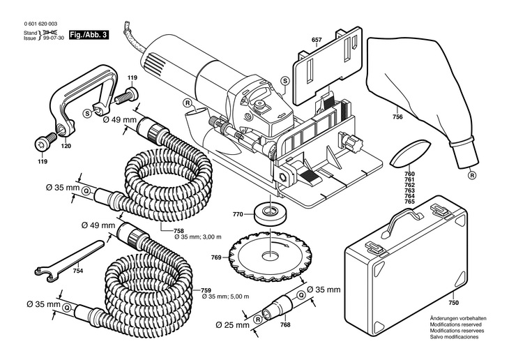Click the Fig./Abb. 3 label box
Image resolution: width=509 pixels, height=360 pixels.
click(x=89, y=35)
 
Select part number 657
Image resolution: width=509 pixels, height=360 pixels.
click(x=317, y=40)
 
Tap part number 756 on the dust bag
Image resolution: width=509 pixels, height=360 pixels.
click(x=397, y=117)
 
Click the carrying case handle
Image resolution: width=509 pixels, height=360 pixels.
click(x=402, y=220)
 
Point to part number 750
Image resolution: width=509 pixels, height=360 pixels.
click(x=454, y=303)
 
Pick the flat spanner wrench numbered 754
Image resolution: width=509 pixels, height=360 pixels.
click(x=70, y=261)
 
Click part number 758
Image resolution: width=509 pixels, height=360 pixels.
click(x=179, y=231)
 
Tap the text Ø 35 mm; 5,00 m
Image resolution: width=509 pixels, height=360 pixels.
click(x=226, y=297)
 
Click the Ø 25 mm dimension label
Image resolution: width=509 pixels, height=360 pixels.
click(x=232, y=325)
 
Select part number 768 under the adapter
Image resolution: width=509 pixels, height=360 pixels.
click(x=285, y=325)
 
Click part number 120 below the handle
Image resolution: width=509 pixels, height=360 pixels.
click(x=66, y=147)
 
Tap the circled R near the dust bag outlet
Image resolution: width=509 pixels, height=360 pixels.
click(x=472, y=176)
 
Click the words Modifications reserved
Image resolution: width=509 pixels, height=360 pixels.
click(x=456, y=324)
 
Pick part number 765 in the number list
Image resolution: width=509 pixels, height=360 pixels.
click(x=410, y=202)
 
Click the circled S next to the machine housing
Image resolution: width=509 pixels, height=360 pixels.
click(x=284, y=80)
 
